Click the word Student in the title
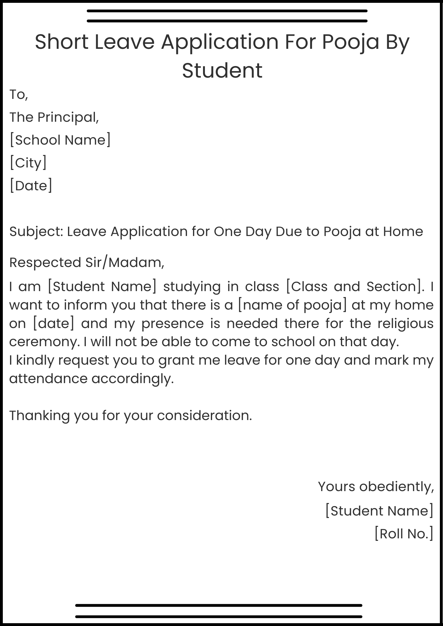tap(222, 70)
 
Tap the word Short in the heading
tap(61, 42)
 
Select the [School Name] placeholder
tap(60, 140)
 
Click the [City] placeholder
tap(28, 163)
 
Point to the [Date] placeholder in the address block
tap(31, 186)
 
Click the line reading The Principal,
tap(54, 117)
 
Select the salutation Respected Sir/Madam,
tap(87, 262)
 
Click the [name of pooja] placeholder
tap(292, 305)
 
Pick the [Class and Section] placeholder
tap(355, 287)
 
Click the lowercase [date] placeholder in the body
tap(54, 324)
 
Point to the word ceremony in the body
tap(43, 342)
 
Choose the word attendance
tap(48, 379)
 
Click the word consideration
tap(204, 416)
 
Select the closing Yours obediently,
tap(376, 487)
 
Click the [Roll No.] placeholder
tap(404, 534)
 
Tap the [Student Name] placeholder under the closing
tap(379, 511)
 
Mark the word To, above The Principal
tap(19, 95)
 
